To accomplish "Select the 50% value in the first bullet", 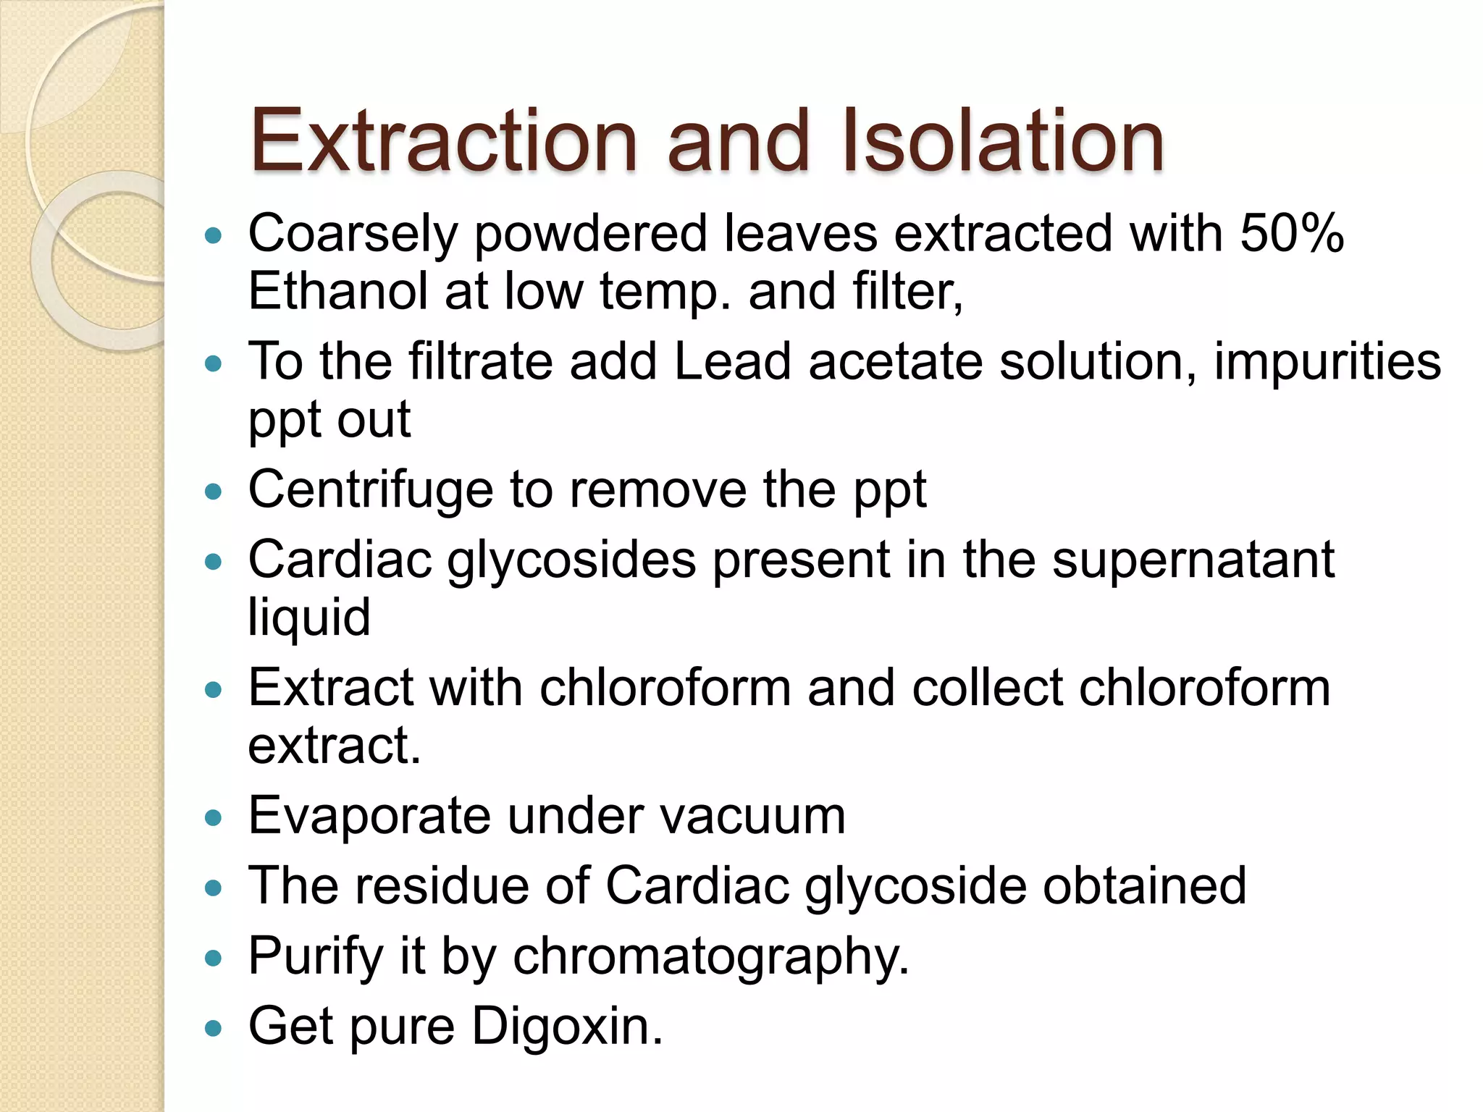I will (1292, 234).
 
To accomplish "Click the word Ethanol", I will (337, 291).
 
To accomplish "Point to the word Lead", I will (732, 361).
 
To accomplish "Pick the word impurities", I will (1327, 361).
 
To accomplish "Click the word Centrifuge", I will (370, 489).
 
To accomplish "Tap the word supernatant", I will (1193, 560).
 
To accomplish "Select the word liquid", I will (309, 618).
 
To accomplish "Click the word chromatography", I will (710, 956).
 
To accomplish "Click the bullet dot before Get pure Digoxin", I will (213, 1027).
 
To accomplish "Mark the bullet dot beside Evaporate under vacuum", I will (213, 818).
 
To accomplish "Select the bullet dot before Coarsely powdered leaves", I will (213, 236).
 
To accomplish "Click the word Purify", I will (316, 956).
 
